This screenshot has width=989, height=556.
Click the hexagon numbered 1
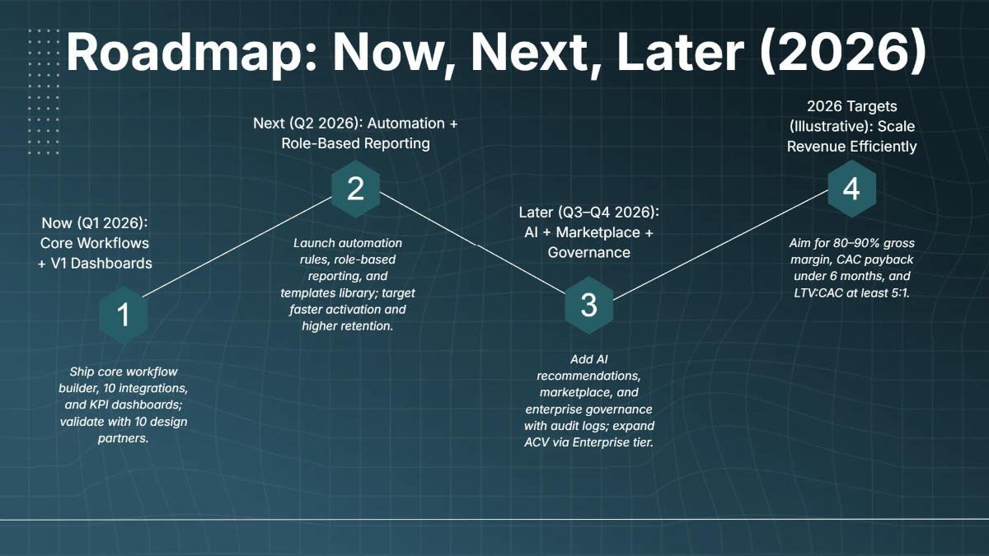pos(124,315)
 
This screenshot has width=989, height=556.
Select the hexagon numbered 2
pos(356,189)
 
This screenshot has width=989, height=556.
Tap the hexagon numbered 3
pos(589,306)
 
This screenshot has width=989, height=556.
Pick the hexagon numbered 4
pos(851,189)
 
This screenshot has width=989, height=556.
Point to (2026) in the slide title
pos(843,52)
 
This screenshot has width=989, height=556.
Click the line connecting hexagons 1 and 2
pos(237,247)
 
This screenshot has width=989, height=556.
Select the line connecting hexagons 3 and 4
pos(720,245)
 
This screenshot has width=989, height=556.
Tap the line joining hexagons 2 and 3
pos(472,243)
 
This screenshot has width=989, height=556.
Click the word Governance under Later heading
pos(589,252)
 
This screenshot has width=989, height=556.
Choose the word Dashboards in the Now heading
pos(110,264)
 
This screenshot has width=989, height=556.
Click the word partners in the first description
pos(123,438)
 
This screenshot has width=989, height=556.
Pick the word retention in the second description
pos(369,326)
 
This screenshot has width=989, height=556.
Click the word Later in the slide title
pos(680,52)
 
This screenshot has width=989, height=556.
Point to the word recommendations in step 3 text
pos(588,376)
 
